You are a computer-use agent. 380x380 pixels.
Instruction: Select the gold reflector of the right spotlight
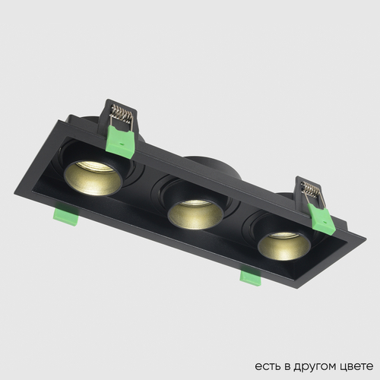(x=280, y=243)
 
